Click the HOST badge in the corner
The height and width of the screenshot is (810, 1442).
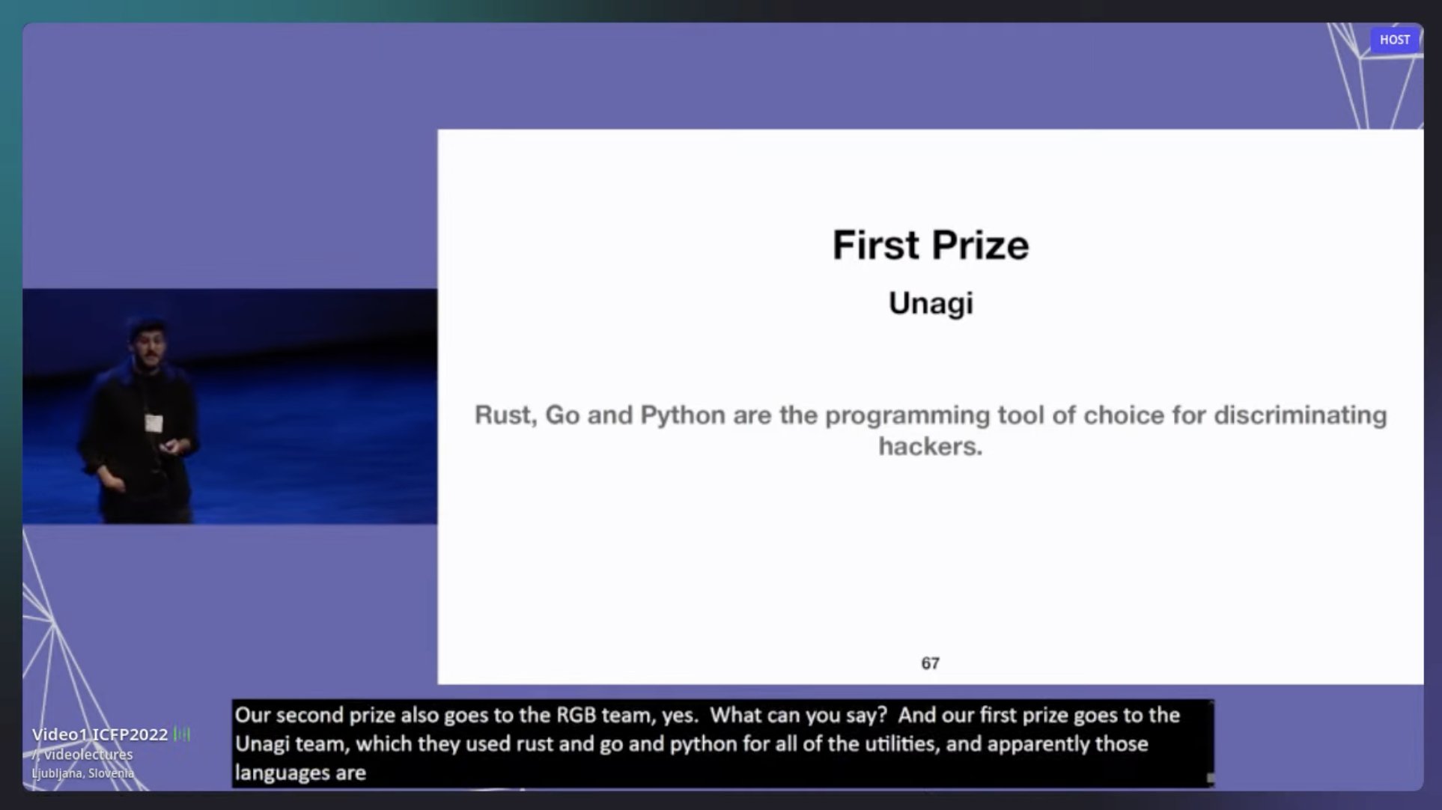click(1394, 40)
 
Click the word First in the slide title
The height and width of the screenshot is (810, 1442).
click(877, 245)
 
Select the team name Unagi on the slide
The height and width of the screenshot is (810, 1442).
click(931, 304)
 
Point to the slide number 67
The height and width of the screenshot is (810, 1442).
click(930, 663)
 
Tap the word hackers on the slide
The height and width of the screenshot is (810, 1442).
click(930, 446)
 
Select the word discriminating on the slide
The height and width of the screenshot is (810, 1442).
click(1300, 415)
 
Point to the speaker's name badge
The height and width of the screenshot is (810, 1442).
click(153, 423)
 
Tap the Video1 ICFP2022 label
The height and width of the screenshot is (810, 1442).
click(100, 734)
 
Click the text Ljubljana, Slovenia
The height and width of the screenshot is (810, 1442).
click(82, 773)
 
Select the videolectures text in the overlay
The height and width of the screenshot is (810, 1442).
click(88, 755)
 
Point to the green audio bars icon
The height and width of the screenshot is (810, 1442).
click(182, 734)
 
